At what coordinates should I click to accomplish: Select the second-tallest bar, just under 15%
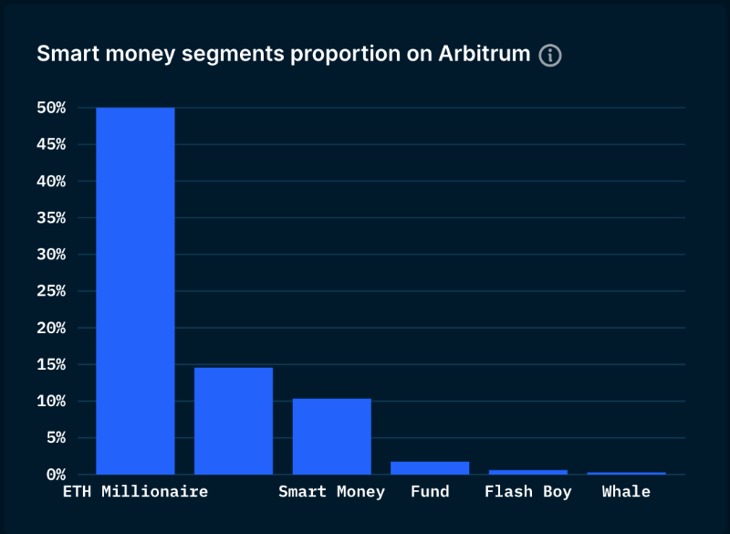tap(234, 421)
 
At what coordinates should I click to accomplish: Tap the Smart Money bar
tap(331, 436)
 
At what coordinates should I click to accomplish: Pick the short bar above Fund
tap(430, 467)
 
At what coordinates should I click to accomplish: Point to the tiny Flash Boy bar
tap(527, 472)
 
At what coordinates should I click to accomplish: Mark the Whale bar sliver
tap(626, 473)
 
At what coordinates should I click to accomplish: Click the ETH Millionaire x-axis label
tap(135, 492)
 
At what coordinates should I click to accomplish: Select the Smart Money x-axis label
tap(331, 492)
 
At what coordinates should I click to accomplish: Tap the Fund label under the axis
tap(430, 492)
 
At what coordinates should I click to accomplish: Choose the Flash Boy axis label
tap(527, 492)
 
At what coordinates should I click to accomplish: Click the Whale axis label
tap(626, 492)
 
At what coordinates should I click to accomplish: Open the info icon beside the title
tap(550, 55)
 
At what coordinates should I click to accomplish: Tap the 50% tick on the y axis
tap(51, 108)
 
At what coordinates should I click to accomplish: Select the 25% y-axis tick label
tap(51, 291)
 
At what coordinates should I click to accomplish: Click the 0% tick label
tap(56, 475)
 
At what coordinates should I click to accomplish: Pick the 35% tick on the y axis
tap(51, 218)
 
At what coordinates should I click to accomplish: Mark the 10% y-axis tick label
tap(51, 402)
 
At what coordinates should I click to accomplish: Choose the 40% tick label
tap(51, 182)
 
